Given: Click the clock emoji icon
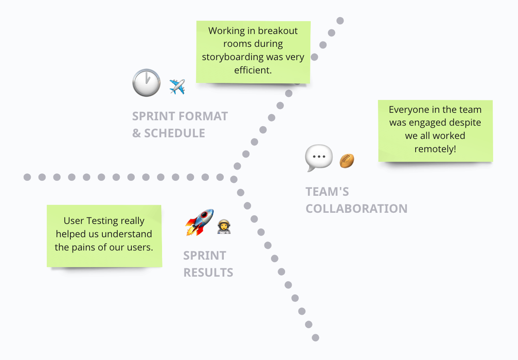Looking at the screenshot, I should point(146,83).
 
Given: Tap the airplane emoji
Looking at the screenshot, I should point(177,87).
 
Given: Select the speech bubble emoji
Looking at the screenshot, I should point(319,158).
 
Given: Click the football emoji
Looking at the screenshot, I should point(347,161).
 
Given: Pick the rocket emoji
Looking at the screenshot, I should point(199,222).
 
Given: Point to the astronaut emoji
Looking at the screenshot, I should point(224,226).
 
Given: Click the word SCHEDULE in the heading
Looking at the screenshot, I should point(174,133).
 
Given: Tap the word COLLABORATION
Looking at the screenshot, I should point(356,208).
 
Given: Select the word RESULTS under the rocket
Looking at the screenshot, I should point(208,272).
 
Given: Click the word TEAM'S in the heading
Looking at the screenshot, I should point(327,192).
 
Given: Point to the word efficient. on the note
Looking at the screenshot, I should point(253,70).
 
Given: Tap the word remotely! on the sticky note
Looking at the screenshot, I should point(435,149).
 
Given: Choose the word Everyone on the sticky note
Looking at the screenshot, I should point(406,110).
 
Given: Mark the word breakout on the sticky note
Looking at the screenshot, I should point(278,31).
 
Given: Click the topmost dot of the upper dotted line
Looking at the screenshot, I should point(340,20).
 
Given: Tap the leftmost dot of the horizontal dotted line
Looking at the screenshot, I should point(27,177).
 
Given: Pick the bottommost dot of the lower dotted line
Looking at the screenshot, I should point(315,337).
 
